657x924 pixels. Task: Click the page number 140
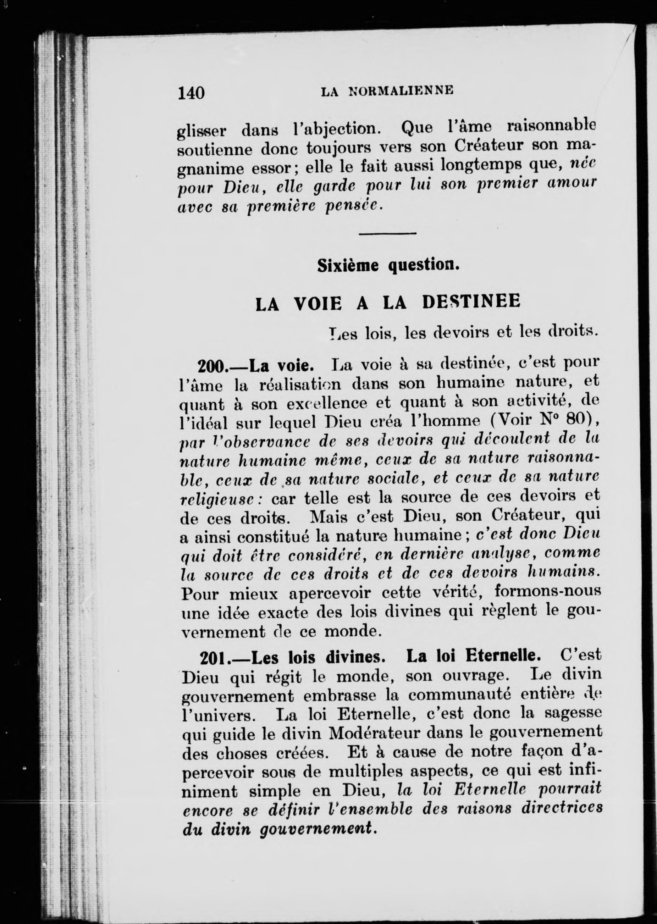pos(191,93)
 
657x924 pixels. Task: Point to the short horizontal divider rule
pos(387,233)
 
